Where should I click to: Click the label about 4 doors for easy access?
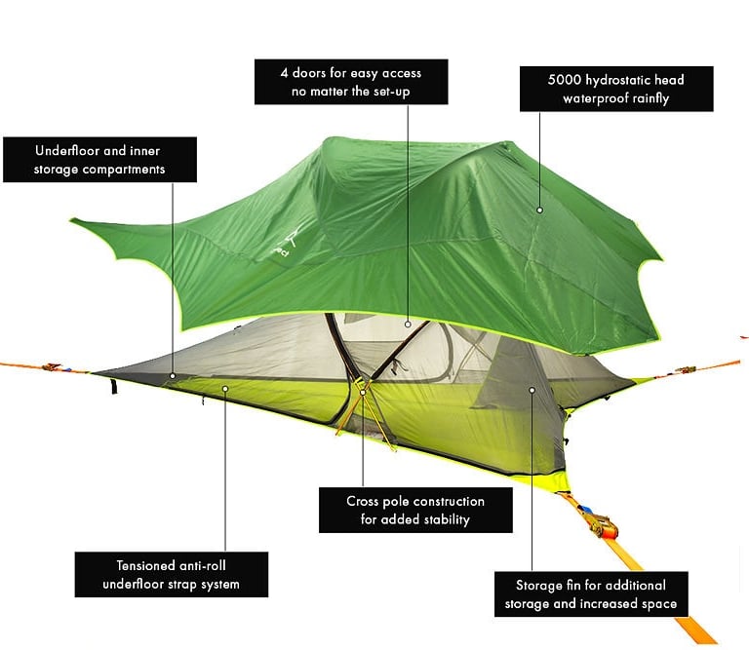tap(351, 82)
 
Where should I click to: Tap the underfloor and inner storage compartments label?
tap(99, 160)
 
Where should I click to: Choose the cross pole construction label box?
tap(415, 510)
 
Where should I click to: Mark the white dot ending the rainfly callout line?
tap(539, 208)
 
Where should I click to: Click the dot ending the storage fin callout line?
tap(532, 390)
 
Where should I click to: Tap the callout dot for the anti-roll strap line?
tap(225, 388)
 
